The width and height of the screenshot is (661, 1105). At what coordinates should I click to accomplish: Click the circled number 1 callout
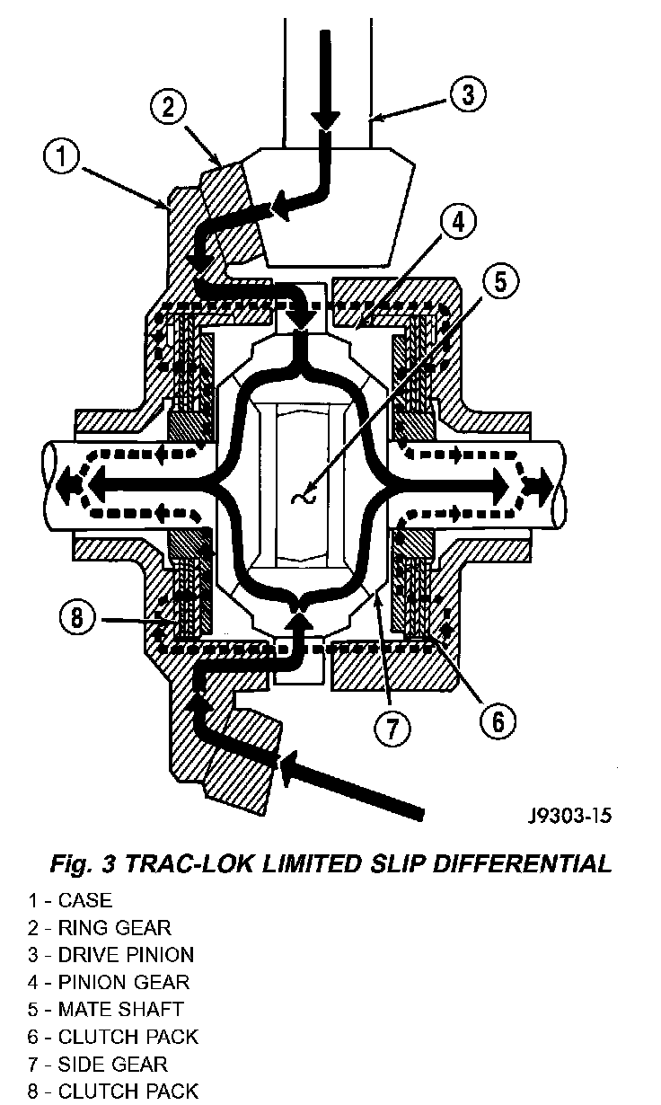62,156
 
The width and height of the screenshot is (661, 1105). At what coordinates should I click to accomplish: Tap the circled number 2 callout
168,107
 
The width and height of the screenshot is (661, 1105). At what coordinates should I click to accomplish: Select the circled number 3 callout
467,93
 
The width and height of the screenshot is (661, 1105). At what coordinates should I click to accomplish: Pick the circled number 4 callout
458,223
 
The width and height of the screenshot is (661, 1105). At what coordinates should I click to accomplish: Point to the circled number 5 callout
500,282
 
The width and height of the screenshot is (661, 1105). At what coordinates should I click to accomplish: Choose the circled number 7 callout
392,728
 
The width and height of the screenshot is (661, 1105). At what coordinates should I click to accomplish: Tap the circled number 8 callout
77,617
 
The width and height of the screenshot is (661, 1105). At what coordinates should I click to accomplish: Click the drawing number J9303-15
570,816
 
